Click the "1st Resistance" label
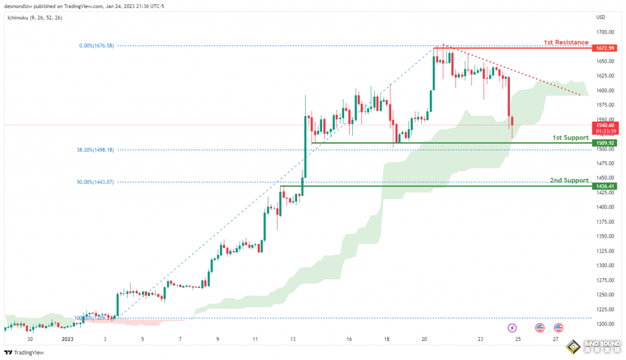coord(566,42)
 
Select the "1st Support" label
coord(570,138)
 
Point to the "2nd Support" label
coord(569,180)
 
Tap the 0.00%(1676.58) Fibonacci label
coord(97,46)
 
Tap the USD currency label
coord(600,17)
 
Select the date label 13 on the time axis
coord(293,338)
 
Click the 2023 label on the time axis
coord(67,338)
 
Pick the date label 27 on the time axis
coord(555,338)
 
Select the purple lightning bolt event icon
coord(512,328)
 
